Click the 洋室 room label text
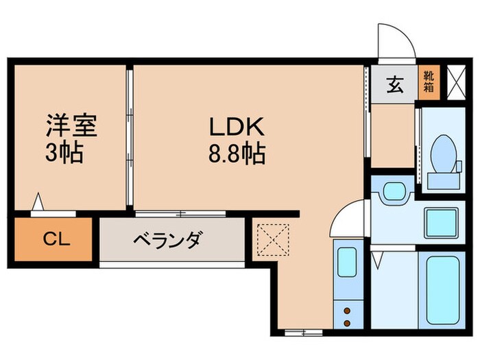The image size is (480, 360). pyautogui.click(x=71, y=128)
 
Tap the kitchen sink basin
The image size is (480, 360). pyautogui.click(x=347, y=263)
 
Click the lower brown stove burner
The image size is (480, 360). pyautogui.click(x=347, y=322)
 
